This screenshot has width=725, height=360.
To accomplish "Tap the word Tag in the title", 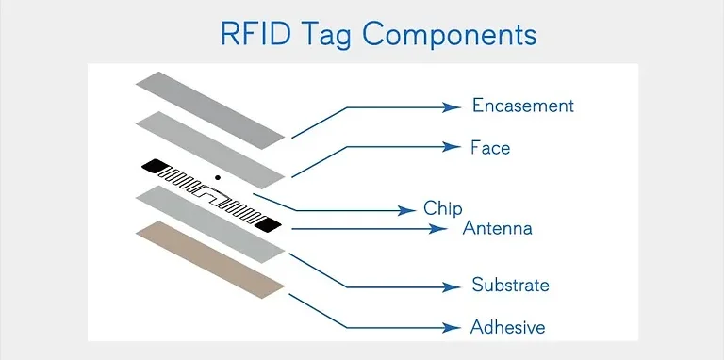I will point(325,35).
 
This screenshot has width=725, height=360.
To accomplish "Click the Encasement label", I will point(522,106).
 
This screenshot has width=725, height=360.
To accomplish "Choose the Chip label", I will point(442,208).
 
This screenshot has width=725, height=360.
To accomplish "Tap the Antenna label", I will point(497,229).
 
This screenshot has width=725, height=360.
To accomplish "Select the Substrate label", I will point(509,286).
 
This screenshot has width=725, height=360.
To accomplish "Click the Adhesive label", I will point(507,327).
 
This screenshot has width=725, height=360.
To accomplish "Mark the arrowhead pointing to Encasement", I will point(453,106).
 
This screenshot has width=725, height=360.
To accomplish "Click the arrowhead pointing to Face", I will point(453,147).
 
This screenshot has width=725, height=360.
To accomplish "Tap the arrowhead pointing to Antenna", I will point(444,229).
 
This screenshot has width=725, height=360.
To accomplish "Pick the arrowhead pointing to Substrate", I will point(453,286).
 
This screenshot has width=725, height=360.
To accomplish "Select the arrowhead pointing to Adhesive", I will point(453,328).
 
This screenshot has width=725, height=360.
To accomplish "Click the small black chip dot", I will point(218,177).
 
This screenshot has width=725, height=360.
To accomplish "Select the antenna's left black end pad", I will point(151,166).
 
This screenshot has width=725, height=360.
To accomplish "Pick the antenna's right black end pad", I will point(268,224).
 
